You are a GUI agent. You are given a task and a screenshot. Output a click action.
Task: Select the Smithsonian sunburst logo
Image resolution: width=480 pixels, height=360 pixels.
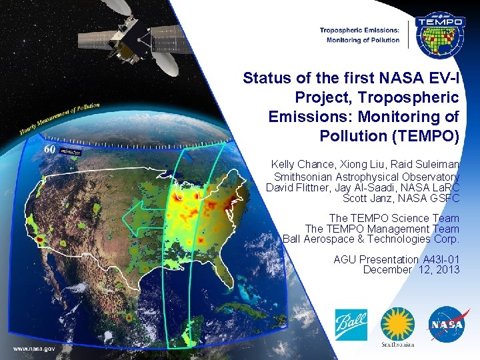[397, 327]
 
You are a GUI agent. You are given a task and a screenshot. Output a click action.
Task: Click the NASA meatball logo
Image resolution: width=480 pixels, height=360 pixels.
[445, 325]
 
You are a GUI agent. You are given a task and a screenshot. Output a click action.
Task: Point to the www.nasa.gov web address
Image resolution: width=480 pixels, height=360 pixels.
[33, 348]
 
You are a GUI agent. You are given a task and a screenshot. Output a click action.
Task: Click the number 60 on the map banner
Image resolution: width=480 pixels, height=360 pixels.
[49, 149]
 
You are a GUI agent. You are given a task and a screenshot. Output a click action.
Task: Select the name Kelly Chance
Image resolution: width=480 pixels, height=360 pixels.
[300, 164]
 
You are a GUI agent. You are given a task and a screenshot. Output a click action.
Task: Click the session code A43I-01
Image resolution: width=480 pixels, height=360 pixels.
[441, 259]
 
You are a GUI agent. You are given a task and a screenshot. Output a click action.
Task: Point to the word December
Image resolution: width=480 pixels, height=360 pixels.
[387, 269]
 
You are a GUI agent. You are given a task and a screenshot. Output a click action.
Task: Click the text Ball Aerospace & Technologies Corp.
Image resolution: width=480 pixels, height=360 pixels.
[371, 239]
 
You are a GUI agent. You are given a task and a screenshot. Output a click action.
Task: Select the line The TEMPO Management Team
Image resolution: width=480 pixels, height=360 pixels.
[382, 229]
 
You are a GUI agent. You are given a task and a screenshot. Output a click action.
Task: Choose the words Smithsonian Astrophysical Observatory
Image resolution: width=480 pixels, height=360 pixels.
[367, 177]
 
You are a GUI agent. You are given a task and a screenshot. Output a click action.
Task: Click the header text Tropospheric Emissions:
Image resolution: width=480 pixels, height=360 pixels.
[359, 30]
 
